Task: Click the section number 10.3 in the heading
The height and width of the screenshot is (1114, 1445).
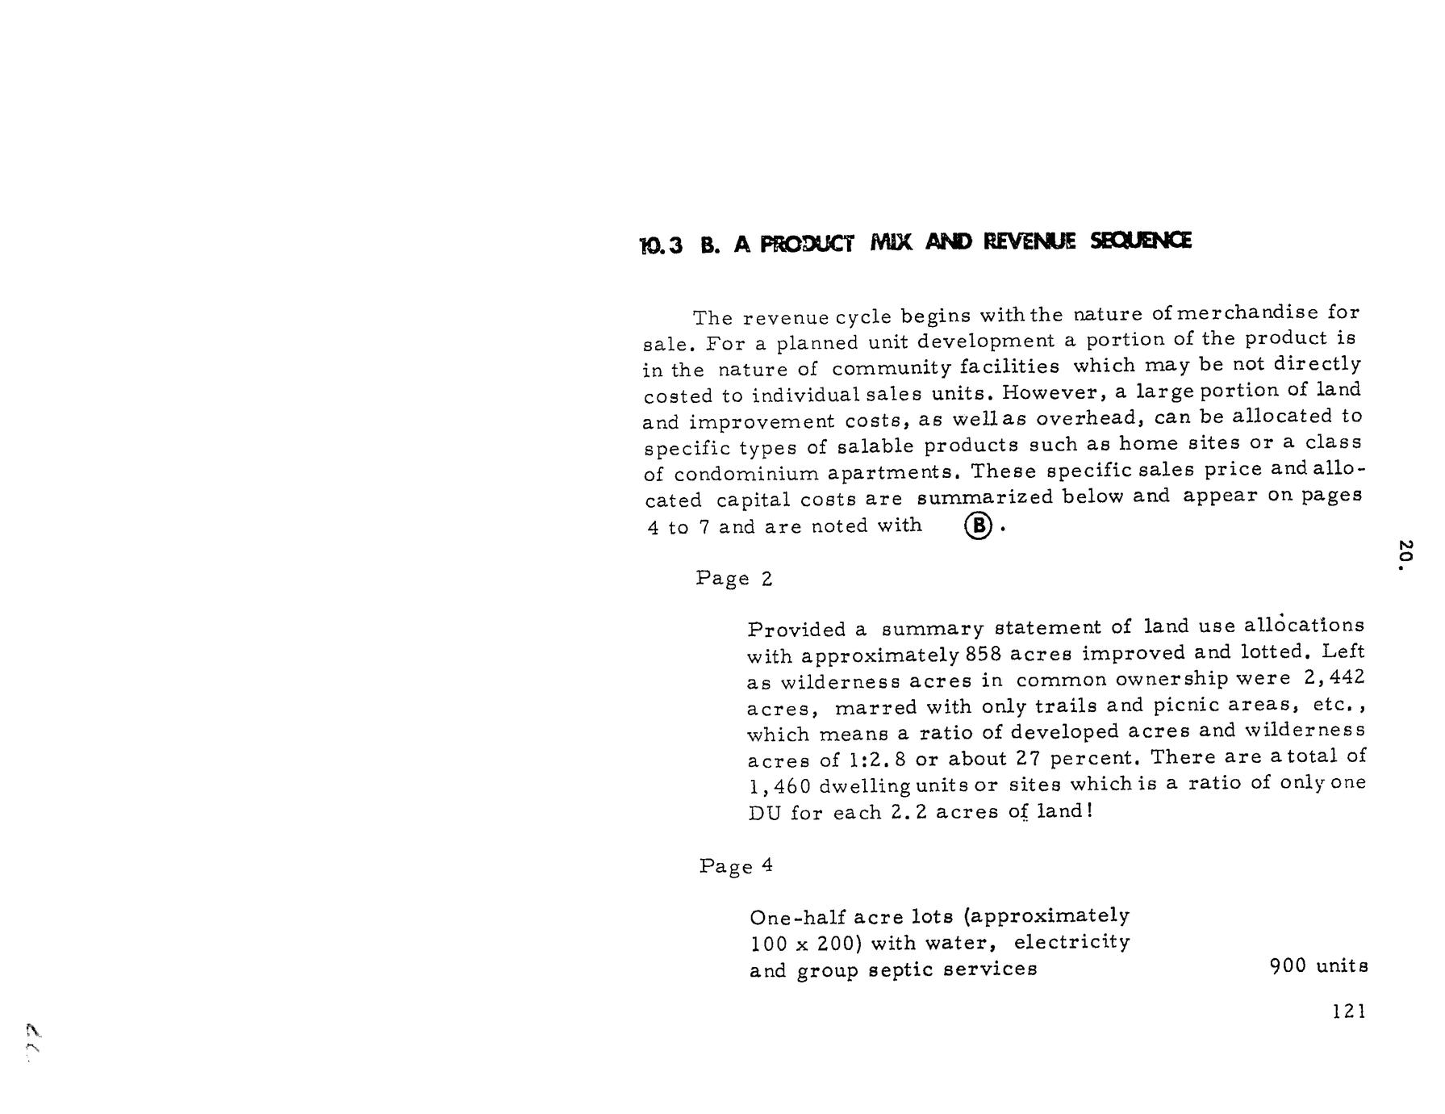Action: coord(661,245)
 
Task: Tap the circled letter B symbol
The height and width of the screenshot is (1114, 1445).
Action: coord(977,526)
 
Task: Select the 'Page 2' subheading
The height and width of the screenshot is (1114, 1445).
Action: coord(734,579)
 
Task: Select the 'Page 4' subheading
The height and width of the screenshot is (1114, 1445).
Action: coord(736,866)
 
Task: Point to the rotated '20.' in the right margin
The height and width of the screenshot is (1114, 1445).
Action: coord(1405,555)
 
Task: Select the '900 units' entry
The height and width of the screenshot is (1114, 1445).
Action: coord(1318,966)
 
